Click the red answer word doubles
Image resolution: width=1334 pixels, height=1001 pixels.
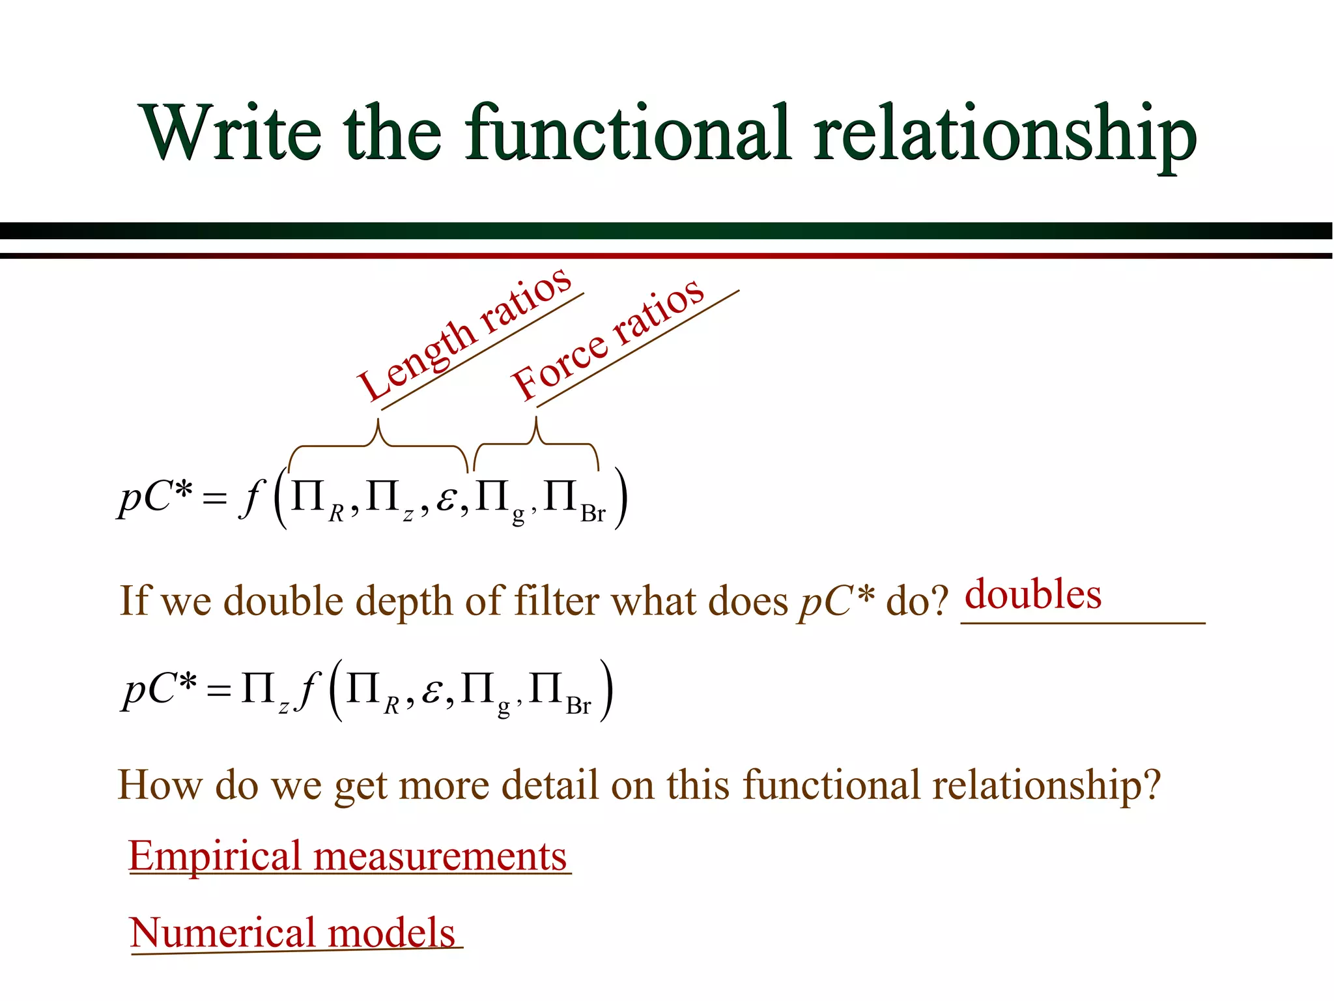pyautogui.click(x=1032, y=594)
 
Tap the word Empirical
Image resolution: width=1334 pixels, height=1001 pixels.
pyautogui.click(x=214, y=856)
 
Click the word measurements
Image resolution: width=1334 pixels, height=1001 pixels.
pyautogui.click(x=440, y=856)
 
